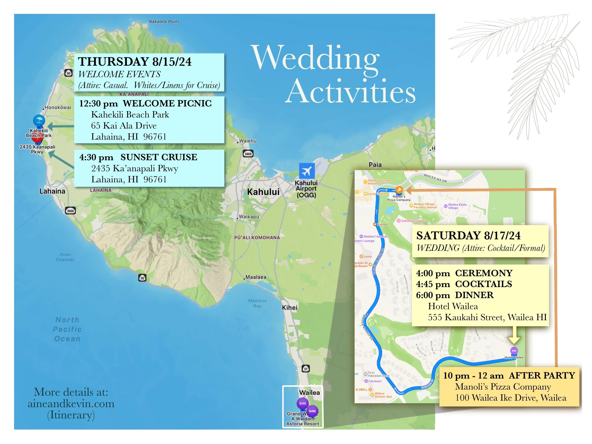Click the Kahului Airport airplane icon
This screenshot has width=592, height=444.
[307, 171]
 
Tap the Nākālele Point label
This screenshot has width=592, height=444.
[164, 21]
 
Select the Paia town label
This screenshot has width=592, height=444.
[375, 165]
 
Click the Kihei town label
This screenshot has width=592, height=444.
[289, 307]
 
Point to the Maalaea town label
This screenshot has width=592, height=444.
[256, 277]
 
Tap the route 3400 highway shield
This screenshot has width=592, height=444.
[248, 154]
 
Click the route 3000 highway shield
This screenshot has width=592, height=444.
[70, 211]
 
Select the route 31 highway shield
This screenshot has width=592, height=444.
[306, 369]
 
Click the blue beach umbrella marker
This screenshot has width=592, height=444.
[39, 120]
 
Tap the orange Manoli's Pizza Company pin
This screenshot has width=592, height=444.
[399, 190]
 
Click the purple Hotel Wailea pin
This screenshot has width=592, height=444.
[514, 351]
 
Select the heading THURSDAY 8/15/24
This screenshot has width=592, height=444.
[135, 62]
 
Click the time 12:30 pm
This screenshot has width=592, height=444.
[98, 104]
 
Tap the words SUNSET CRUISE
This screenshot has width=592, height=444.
[159, 157]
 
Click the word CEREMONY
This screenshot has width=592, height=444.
[484, 273]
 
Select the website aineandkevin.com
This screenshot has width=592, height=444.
[71, 403]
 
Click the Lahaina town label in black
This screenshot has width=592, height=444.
[52, 191]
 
